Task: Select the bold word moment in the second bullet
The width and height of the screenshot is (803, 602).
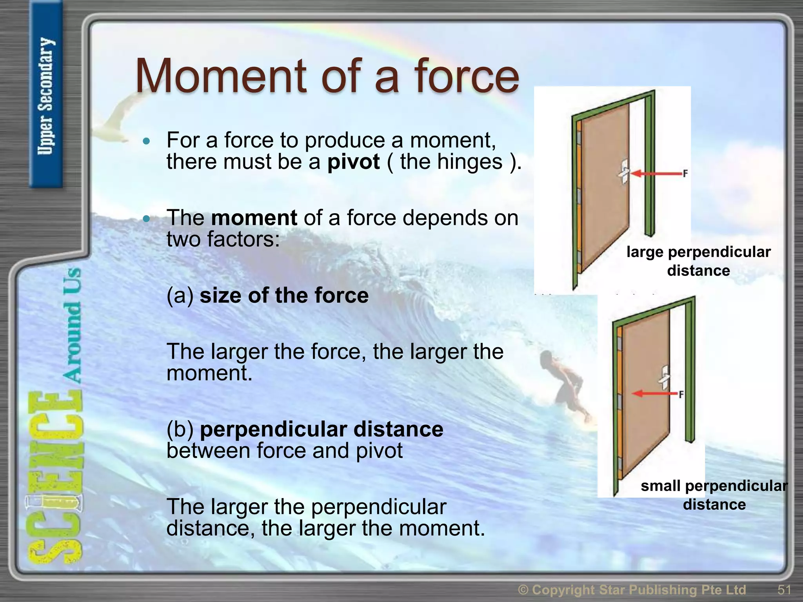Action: [x=254, y=218]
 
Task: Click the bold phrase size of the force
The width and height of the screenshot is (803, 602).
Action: [x=284, y=296]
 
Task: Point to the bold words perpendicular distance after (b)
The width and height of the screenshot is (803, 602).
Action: [x=322, y=430]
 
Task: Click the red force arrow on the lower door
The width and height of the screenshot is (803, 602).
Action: [x=655, y=393]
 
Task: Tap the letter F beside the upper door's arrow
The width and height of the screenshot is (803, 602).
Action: [x=685, y=173]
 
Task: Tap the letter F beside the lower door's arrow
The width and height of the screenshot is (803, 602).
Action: [x=681, y=394]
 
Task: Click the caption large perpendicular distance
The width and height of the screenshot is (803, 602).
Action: [x=698, y=261]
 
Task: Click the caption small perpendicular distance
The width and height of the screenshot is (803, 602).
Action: [x=714, y=495]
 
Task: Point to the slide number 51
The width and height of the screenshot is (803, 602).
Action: [x=784, y=589]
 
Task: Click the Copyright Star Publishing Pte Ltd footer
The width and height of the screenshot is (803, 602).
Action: [x=632, y=589]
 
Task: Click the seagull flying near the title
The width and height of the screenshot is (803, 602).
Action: [x=114, y=118]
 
